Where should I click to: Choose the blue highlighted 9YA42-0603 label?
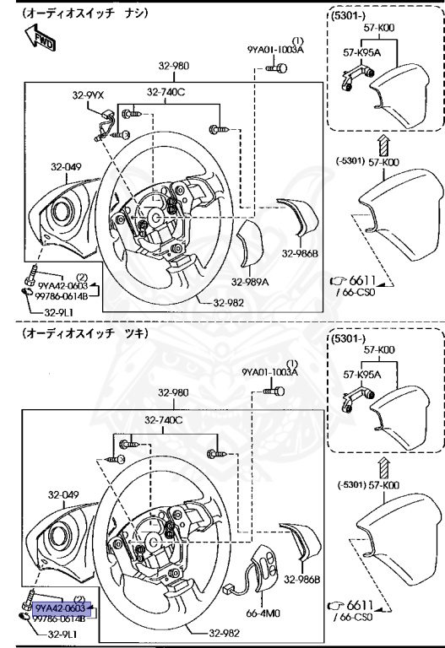pyautogui.click(x=61, y=607)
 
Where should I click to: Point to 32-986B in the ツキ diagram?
pyautogui.click(x=301, y=579)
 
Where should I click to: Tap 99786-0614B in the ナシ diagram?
pyautogui.click(x=63, y=295)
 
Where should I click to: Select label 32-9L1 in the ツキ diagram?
pyautogui.click(x=63, y=634)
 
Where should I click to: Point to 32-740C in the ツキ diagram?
pyautogui.click(x=165, y=419)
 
